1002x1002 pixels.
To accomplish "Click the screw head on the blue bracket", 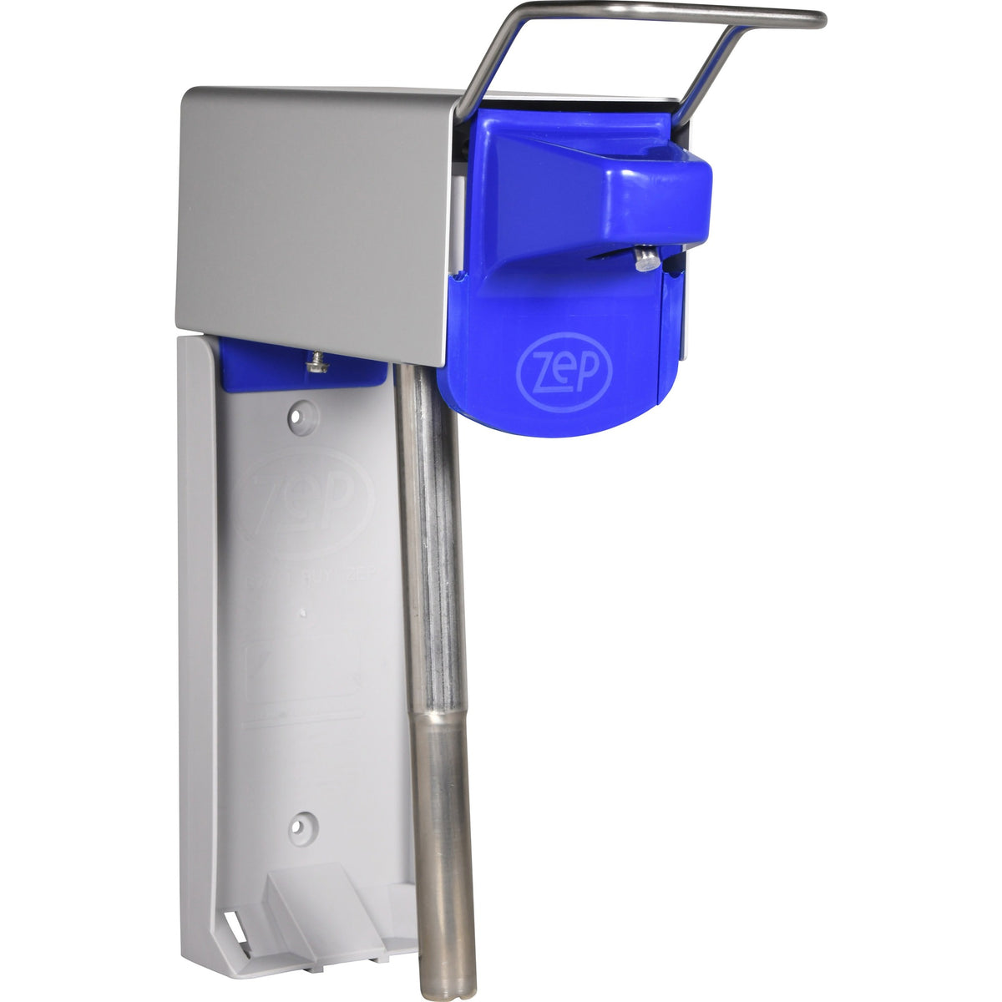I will (x=316, y=361).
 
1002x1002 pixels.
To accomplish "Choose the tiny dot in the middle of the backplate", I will (x=301, y=613).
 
